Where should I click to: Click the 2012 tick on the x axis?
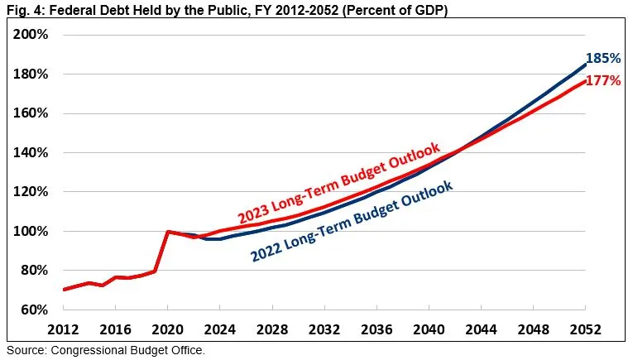click(64, 329)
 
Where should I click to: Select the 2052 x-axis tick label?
click(585, 329)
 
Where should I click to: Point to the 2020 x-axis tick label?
click(168, 329)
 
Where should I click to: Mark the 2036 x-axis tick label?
click(376, 329)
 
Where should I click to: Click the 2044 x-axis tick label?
click(481, 329)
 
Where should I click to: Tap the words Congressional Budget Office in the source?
click(127, 350)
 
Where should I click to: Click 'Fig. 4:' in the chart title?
click(26, 10)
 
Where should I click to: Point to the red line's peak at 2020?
click(169, 232)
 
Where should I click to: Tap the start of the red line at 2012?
click(64, 290)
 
